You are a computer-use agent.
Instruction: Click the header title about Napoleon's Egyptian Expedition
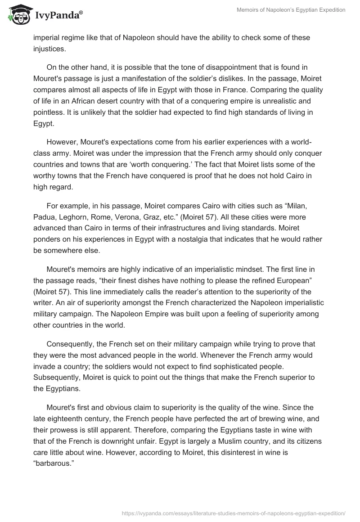(291, 10)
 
